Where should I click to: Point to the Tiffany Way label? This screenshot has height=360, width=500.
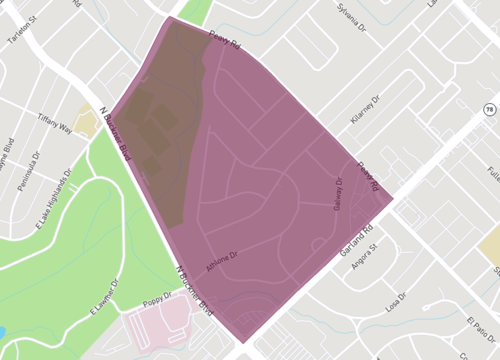coord(56,128)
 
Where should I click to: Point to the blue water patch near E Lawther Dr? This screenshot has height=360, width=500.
coord(3,331)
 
